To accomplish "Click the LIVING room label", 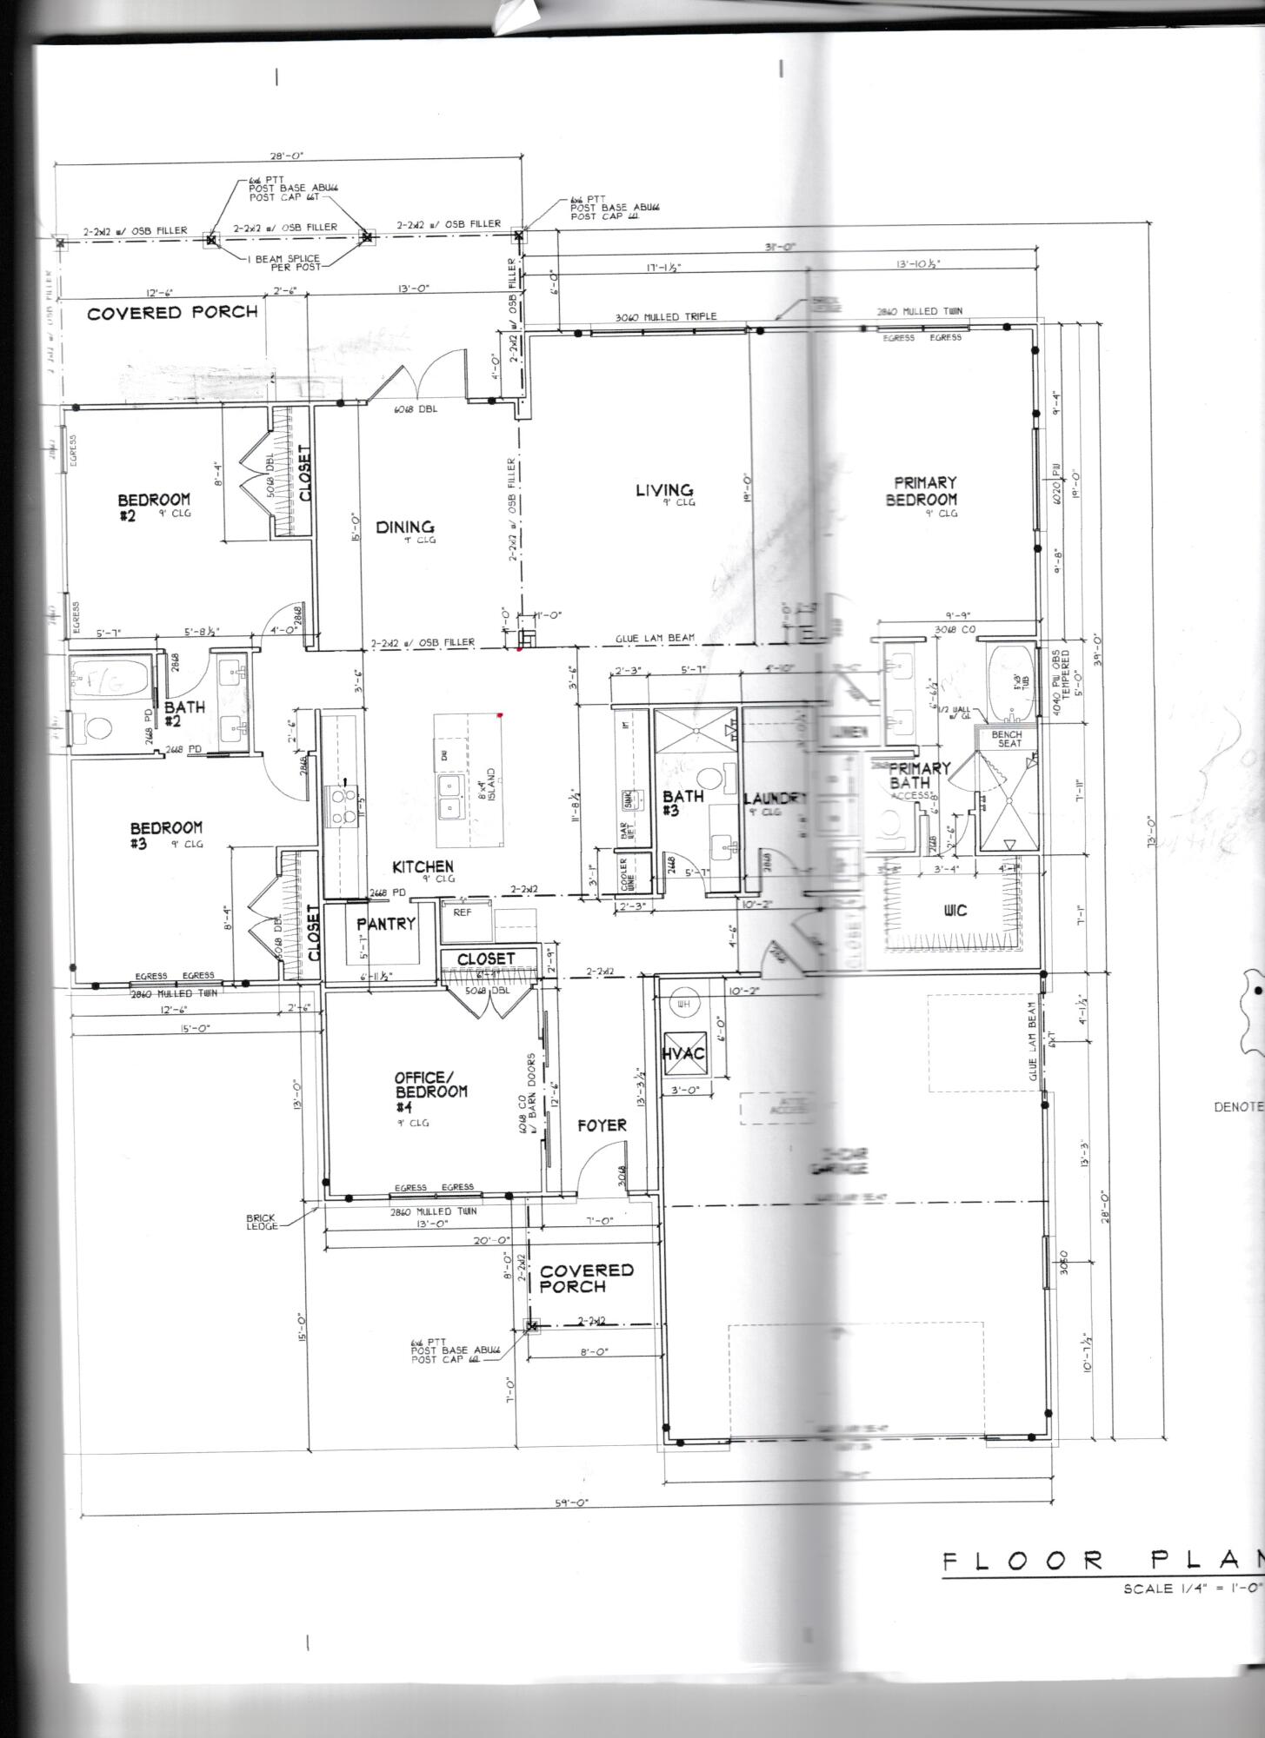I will point(664,491).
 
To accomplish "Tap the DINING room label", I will point(405,527).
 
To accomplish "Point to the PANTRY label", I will point(386,924).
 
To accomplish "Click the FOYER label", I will point(602,1125).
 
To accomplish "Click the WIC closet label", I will point(955,910).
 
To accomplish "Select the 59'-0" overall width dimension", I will point(565,1503).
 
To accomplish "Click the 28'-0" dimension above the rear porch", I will point(287,156).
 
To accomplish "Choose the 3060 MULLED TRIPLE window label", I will point(666,316).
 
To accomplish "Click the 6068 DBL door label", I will point(416,408).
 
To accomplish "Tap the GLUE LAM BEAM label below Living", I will point(655,638).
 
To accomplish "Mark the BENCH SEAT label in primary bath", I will point(1007,739).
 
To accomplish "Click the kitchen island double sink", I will point(449,798).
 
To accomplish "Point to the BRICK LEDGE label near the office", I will point(262,1222).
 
